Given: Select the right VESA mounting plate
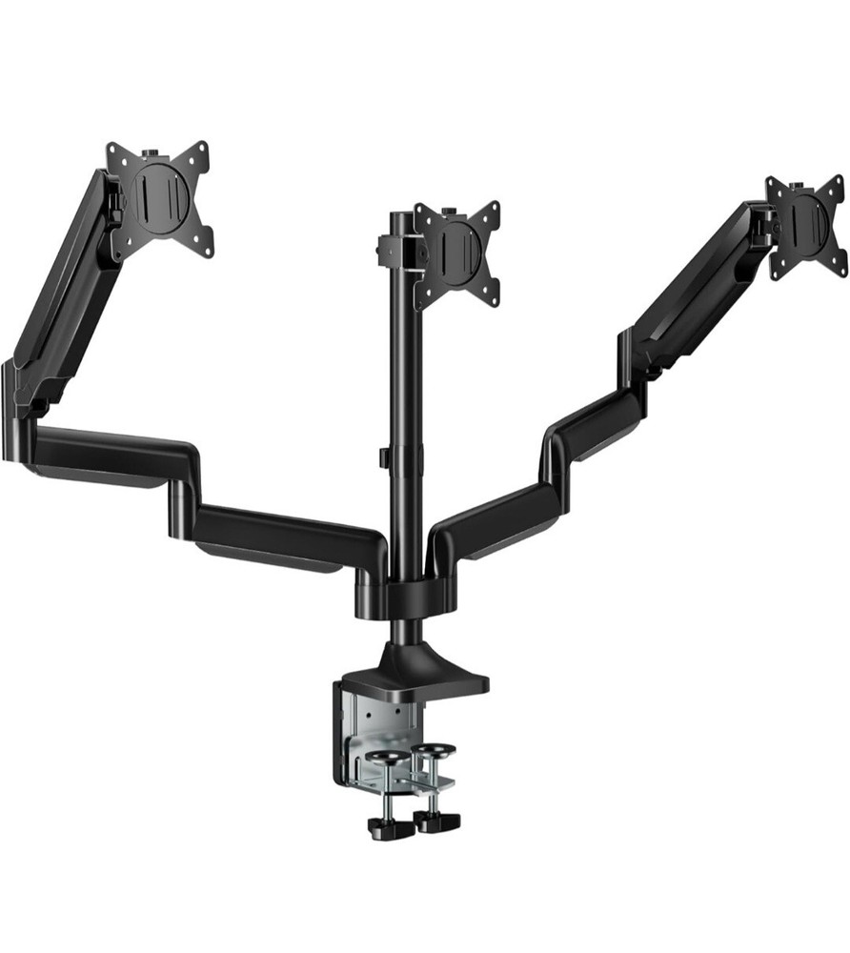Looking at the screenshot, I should click(x=806, y=227).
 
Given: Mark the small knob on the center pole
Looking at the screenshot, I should click(x=380, y=457).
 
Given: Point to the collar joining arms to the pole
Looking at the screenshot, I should click(x=405, y=596).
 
